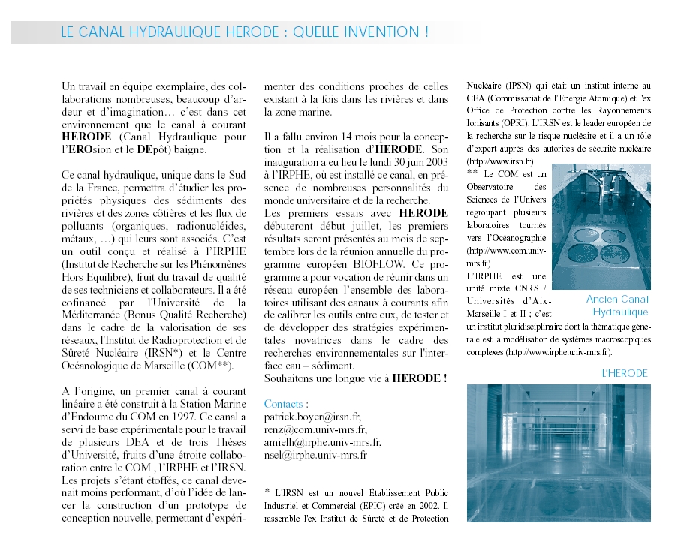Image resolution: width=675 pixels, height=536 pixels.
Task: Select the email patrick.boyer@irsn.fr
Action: [312, 417]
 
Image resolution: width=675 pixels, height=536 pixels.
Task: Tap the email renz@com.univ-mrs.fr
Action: [315, 429]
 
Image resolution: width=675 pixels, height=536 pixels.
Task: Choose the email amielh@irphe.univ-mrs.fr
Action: [322, 442]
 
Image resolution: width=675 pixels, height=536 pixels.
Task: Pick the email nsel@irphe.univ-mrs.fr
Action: [315, 455]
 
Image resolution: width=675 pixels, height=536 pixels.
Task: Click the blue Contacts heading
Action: [284, 404]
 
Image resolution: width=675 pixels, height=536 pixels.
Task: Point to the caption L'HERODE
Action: [625, 373]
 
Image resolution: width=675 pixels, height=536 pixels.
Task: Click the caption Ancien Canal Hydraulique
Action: [617, 306]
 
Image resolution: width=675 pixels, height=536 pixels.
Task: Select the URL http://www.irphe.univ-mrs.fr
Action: [558, 351]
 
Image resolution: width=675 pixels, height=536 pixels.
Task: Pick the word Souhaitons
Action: [292, 378]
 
